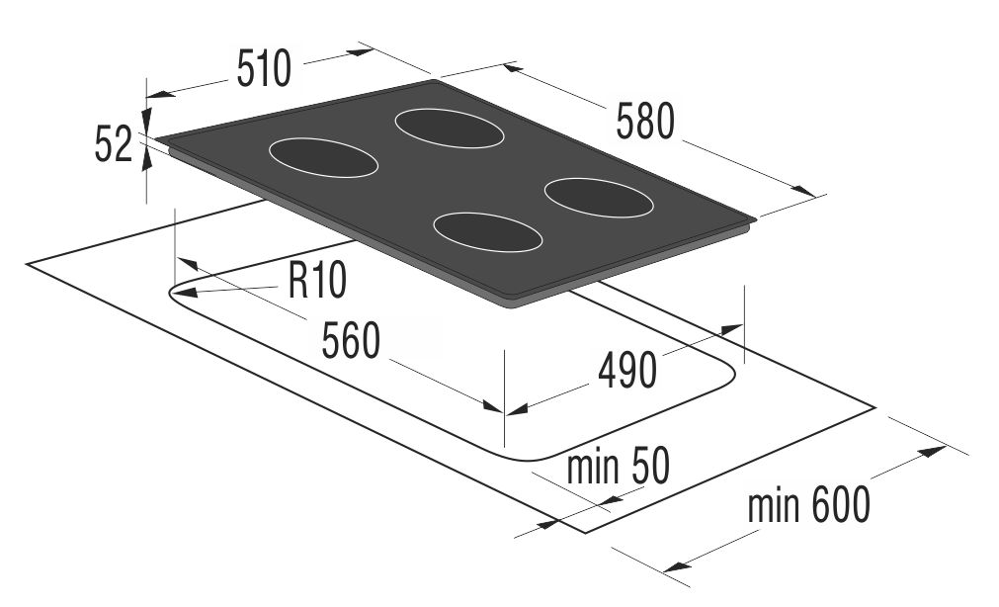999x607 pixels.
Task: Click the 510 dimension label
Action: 264,68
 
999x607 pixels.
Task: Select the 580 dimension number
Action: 645,122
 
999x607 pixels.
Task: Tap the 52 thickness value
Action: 114,144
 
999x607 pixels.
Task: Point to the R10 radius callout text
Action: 317,280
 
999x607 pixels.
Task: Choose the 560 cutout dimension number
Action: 351,340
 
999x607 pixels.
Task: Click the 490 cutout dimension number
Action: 626,371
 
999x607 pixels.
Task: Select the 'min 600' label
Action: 809,504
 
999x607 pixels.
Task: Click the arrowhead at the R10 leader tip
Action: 183,294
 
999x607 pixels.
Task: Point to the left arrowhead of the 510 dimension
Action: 159,95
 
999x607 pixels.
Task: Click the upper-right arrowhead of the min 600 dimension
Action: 933,452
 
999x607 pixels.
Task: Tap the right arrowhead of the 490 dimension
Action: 731,329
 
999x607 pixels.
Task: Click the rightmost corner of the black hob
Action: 756,220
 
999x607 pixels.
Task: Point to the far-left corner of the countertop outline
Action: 27,263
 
